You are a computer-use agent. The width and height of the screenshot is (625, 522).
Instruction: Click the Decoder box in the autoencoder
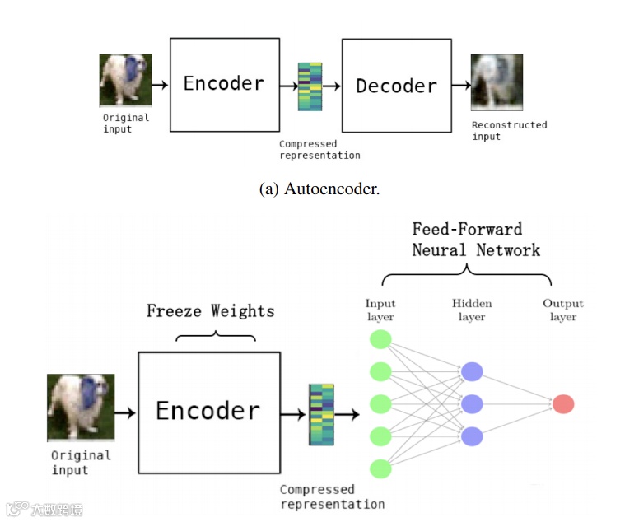click(397, 86)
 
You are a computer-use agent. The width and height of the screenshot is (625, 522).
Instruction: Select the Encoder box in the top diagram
click(223, 84)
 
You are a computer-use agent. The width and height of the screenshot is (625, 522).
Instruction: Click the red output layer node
click(563, 404)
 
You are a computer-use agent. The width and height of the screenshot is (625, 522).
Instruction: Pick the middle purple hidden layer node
click(472, 404)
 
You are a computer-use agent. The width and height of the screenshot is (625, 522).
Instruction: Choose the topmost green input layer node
click(380, 339)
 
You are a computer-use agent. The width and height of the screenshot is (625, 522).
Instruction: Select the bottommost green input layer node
click(380, 469)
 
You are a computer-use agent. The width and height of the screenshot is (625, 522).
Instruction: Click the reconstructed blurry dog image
click(496, 82)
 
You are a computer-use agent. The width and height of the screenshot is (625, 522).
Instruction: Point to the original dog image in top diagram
click(125, 80)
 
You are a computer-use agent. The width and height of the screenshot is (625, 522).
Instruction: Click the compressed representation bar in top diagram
click(310, 86)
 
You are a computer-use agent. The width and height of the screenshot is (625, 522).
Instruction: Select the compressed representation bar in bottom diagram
click(320, 414)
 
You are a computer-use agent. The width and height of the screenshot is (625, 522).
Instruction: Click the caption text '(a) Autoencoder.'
click(319, 189)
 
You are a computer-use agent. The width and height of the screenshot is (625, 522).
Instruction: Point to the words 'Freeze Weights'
click(210, 310)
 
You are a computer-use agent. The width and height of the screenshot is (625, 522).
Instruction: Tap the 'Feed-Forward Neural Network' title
click(475, 239)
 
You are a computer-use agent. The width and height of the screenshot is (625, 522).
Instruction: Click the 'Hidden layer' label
click(472, 310)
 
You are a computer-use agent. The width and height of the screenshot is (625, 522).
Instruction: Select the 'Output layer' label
click(562, 310)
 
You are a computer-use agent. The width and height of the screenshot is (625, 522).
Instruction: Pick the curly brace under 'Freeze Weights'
click(216, 335)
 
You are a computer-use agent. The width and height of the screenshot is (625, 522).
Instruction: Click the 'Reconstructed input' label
click(509, 130)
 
